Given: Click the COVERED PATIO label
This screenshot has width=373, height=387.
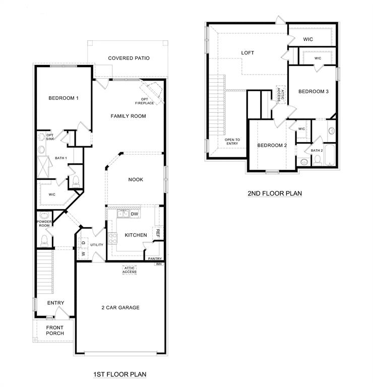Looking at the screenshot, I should (129, 58).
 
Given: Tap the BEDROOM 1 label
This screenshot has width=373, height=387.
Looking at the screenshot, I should (64, 98).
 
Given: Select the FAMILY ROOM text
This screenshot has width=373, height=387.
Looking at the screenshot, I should (128, 116).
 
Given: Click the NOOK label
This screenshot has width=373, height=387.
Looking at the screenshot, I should (135, 179).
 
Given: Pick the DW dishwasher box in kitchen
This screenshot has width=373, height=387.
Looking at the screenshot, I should (135, 214).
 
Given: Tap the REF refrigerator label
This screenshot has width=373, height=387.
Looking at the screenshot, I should (158, 233).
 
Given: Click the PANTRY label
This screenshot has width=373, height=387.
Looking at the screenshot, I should (154, 259).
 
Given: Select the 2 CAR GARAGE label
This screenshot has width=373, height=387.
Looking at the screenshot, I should (120, 307).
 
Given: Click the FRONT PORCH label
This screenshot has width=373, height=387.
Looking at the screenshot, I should (54, 331).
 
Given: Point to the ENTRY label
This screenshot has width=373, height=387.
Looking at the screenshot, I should (55, 303).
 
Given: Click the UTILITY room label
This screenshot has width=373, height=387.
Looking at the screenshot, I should (96, 245).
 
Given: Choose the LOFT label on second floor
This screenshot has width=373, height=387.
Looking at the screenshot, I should (247, 52).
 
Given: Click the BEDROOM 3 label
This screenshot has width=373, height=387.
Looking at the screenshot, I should (313, 91).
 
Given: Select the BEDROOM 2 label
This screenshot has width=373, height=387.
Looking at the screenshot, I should (272, 146).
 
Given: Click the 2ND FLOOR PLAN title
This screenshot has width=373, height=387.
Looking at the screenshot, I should (274, 193).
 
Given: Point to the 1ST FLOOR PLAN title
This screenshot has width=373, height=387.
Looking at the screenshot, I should (120, 374).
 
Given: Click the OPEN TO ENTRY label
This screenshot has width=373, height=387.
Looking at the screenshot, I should (232, 142).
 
